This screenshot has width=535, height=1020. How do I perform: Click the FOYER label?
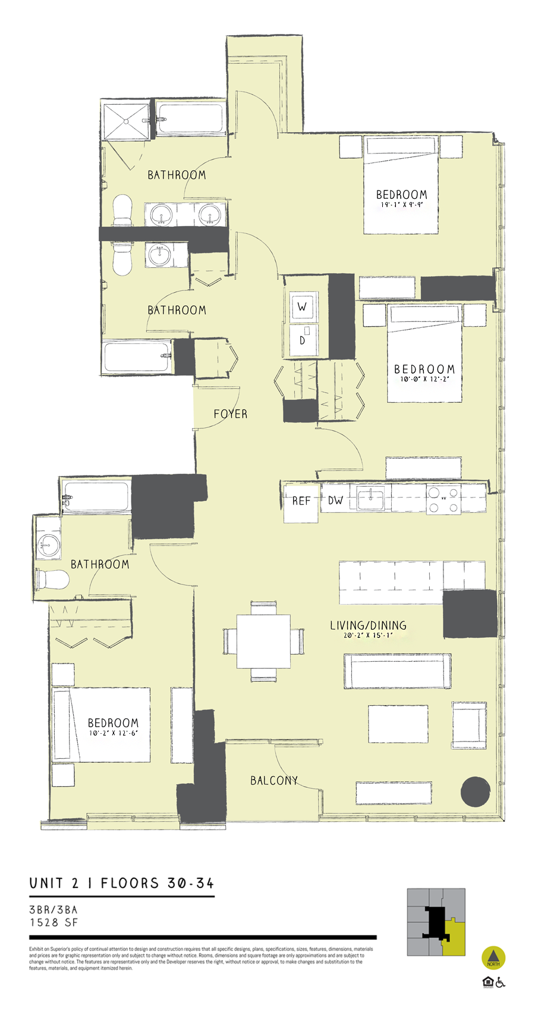[x=230, y=414]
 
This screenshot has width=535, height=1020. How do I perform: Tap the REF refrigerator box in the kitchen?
[x=301, y=502]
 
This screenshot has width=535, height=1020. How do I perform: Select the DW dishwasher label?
[x=335, y=500]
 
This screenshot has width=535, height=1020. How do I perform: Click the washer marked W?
[x=303, y=307]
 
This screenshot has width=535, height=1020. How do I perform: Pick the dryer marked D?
[x=303, y=340]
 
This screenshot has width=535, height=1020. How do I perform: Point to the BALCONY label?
[x=273, y=780]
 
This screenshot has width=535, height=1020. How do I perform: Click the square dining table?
[x=263, y=641]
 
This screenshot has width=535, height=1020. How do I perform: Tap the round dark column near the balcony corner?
[x=476, y=791]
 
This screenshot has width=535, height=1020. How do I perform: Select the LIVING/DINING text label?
[x=368, y=625]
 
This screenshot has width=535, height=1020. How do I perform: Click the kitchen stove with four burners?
[x=443, y=500]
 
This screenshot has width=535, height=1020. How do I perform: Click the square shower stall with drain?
[x=126, y=121]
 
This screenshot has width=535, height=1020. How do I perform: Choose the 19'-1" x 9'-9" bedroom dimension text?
[x=401, y=205]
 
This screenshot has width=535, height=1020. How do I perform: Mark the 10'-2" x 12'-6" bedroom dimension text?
[x=113, y=733]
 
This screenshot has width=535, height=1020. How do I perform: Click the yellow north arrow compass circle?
[x=493, y=958]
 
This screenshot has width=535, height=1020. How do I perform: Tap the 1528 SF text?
[x=53, y=922]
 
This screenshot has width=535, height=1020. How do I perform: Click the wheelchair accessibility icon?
[x=501, y=982]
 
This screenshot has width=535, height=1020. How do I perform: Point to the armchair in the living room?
[x=469, y=725]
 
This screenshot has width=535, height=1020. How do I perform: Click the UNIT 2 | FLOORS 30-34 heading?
[x=121, y=883]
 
